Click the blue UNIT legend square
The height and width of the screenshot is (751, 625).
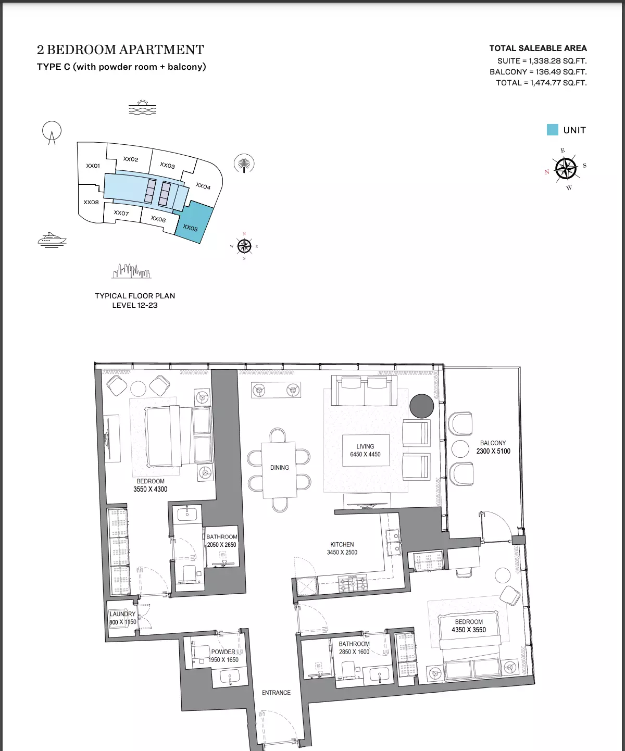click(x=552, y=130)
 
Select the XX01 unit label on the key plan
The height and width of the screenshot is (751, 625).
click(x=93, y=166)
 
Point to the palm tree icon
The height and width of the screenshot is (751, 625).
click(x=244, y=164)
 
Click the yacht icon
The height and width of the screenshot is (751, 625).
click(x=52, y=240)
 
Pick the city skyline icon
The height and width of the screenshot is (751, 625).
click(x=131, y=271)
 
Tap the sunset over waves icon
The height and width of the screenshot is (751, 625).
click(x=143, y=107)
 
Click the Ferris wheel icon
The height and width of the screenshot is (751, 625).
click(x=52, y=132)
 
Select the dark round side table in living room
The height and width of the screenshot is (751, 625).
click(x=422, y=406)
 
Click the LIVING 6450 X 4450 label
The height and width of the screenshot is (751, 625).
click(x=365, y=450)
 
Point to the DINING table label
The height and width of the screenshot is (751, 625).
click(x=280, y=468)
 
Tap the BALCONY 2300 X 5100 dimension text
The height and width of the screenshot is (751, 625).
click(x=493, y=447)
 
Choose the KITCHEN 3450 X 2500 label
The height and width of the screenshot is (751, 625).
click(x=342, y=548)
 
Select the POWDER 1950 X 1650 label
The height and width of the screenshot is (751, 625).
click(x=223, y=656)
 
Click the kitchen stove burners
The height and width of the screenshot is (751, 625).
click(x=353, y=583)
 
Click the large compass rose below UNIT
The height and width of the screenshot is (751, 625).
click(x=566, y=168)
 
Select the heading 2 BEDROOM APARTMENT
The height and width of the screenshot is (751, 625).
click(x=120, y=49)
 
